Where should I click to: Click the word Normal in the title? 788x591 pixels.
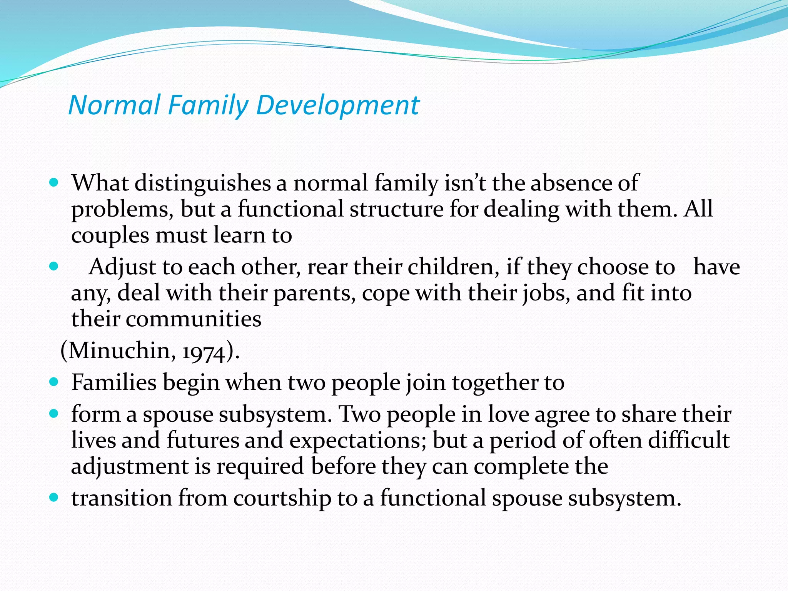click(114, 105)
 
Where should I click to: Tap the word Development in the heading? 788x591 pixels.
click(337, 105)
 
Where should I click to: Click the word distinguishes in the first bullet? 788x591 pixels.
click(202, 183)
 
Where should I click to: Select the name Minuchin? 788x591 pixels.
click(118, 351)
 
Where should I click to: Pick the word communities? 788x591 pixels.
click(194, 319)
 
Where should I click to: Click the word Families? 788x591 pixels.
click(114, 382)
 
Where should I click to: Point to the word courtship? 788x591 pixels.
click(282, 498)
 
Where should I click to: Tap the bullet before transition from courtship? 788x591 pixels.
click(54, 498)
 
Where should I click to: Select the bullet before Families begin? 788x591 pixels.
click(54, 382)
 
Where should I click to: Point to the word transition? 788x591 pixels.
click(122, 498)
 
